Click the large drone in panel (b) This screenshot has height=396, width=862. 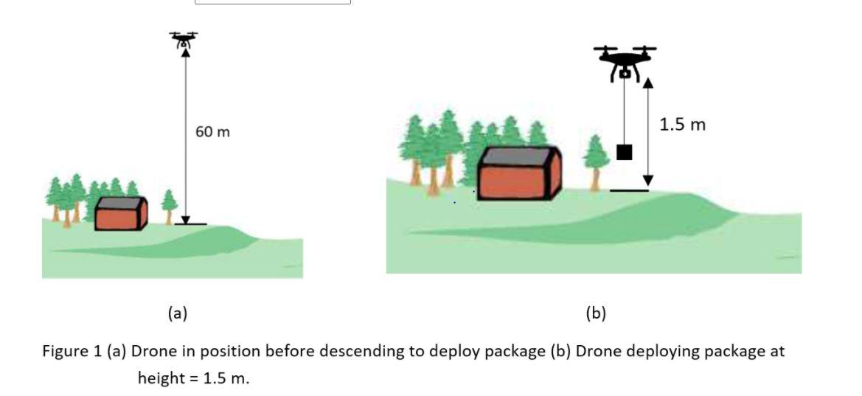pos(625,60)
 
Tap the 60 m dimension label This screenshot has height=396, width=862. pos(212,132)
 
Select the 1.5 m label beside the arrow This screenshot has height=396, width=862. pos(682,125)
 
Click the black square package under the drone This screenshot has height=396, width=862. pos(624,152)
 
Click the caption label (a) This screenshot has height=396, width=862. pos(177,313)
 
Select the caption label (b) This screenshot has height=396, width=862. pos(596,313)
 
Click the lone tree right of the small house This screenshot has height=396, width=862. pos(169,205)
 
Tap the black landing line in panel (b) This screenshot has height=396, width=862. pos(629,191)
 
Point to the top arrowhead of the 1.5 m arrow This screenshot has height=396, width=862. pos(647,81)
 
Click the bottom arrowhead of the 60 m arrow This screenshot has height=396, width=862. pos(186,218)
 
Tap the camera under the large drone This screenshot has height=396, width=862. pos(625,72)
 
